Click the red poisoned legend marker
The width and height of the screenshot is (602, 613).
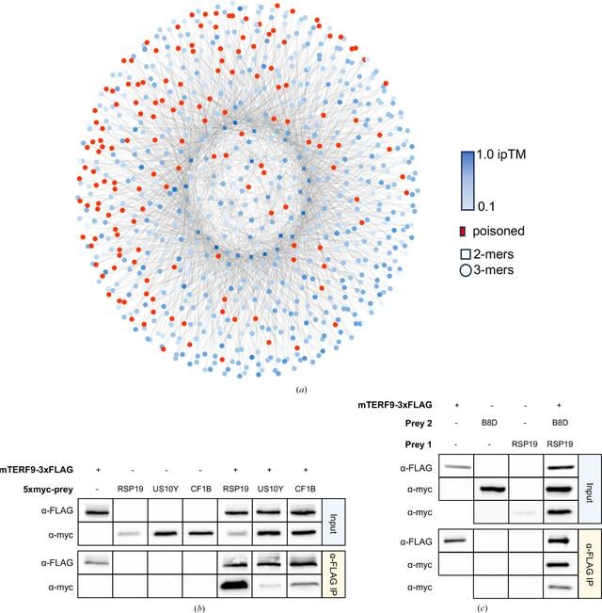[x=463, y=232]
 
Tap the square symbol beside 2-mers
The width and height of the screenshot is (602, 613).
[x=466, y=254]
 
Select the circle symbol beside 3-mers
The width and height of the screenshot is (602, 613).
[x=466, y=270]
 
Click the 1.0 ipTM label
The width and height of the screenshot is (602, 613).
[x=501, y=154]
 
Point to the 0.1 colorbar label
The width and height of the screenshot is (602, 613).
[x=486, y=206]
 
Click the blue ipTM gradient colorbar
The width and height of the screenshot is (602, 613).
[x=467, y=181]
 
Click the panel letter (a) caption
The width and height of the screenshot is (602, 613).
[x=301, y=390]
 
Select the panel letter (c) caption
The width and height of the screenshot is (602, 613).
[x=482, y=608]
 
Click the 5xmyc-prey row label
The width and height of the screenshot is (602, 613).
[x=48, y=490]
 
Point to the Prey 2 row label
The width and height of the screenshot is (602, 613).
[x=419, y=424]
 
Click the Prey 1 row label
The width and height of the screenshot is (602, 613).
[x=419, y=444]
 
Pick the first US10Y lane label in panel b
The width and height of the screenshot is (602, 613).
[x=166, y=489]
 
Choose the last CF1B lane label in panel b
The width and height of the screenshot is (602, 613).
[x=306, y=489]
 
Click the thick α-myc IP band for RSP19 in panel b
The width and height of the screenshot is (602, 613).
[x=234, y=586]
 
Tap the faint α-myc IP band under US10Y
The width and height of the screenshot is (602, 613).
[x=270, y=586]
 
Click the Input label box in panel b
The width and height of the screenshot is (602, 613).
[x=333, y=522]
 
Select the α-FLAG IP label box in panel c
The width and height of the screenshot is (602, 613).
[x=590, y=564]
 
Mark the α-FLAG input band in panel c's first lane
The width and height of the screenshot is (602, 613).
[x=457, y=467]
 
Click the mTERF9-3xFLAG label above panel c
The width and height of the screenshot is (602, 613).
[x=395, y=405]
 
